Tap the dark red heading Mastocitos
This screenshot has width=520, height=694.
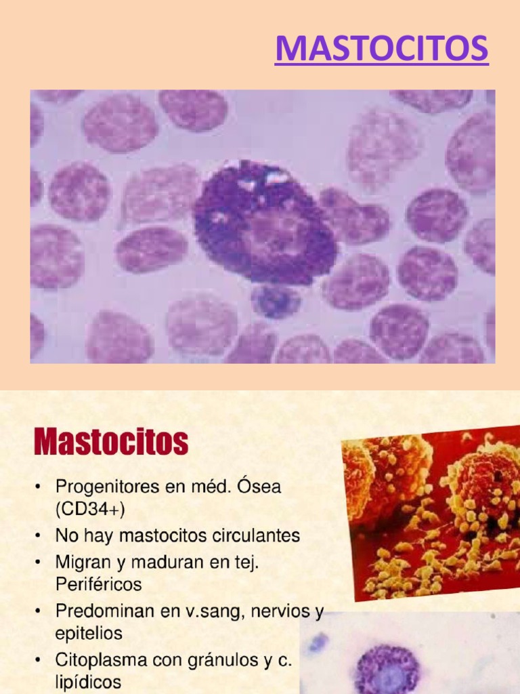(111, 443)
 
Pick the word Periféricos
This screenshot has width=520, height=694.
(99, 584)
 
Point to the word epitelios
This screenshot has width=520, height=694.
(89, 633)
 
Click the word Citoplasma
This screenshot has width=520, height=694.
(98, 659)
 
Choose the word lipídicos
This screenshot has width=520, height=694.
(89, 681)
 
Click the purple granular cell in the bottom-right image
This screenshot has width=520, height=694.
(387, 668)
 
